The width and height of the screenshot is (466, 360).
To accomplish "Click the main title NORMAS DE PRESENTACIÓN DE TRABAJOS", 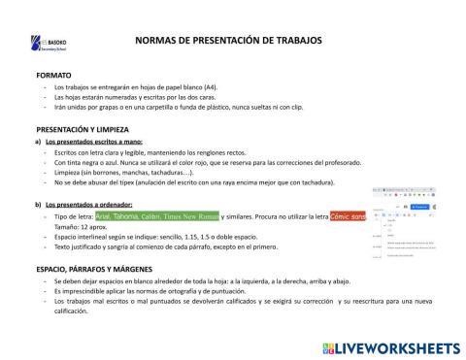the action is click(x=224, y=41).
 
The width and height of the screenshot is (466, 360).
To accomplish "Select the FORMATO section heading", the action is click(x=54, y=75).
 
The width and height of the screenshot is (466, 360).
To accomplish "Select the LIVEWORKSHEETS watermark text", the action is click(x=392, y=346).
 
